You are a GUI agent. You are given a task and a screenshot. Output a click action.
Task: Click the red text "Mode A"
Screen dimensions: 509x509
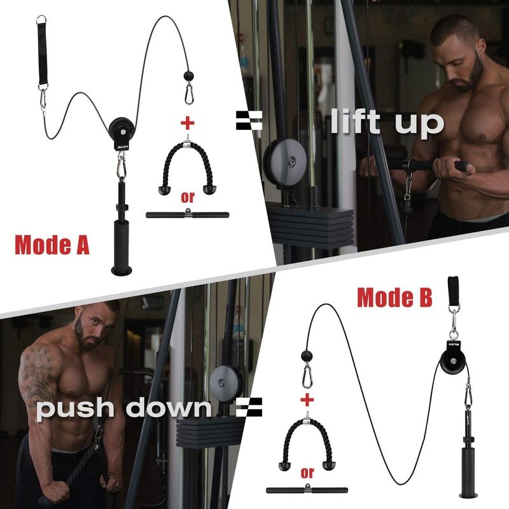point(52,245)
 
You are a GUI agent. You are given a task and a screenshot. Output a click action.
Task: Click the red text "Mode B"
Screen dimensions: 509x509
point(394,296)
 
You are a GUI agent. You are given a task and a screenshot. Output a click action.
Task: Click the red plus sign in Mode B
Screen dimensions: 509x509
point(307,400)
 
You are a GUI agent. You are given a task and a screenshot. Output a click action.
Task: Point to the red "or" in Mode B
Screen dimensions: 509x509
point(308,472)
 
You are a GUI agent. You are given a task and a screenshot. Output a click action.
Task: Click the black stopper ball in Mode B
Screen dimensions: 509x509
point(307,356)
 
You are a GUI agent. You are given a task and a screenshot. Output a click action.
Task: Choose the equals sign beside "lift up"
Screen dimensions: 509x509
point(249,120)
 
